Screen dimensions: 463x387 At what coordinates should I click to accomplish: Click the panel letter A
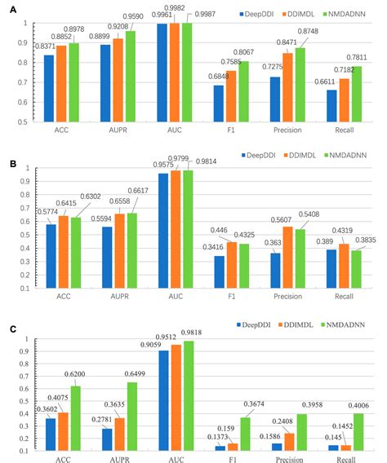[7, 7]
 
